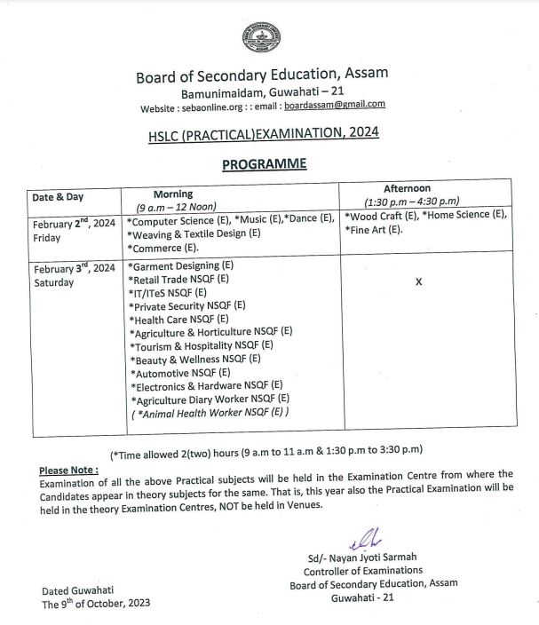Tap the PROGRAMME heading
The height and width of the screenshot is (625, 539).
pos(264,163)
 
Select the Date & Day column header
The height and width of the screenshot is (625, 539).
pos(58,197)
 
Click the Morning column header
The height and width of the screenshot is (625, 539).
pos(172,194)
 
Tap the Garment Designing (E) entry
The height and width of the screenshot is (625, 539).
pos(181,265)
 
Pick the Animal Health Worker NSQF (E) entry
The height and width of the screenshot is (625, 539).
pos(211,412)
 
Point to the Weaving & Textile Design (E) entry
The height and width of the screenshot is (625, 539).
pos(194,233)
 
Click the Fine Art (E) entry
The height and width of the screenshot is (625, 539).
pos(374,230)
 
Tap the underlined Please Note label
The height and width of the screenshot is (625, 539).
pos(69,470)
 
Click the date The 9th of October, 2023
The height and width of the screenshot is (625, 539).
pos(96,603)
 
